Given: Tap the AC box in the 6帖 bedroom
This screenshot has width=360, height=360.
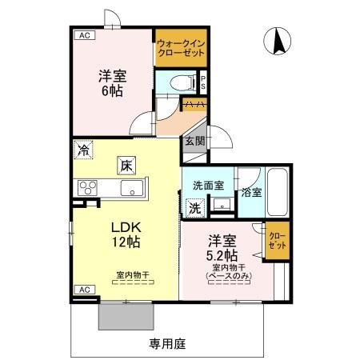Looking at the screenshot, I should pos(83,36).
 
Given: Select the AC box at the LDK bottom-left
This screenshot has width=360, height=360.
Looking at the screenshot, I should pos(83,289).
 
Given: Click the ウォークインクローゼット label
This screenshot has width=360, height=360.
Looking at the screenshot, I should pos(181,47).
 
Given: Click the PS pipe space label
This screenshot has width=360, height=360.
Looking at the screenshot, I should pos(204,82).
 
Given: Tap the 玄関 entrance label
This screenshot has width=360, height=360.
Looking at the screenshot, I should pos(194,141).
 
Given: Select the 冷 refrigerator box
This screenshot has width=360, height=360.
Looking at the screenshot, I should pos(84,149).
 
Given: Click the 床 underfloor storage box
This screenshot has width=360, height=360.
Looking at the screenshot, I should pos(126,166).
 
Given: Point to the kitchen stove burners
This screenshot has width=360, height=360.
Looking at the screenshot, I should pos(86,189).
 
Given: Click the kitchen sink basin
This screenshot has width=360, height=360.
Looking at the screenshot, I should pos(131,189).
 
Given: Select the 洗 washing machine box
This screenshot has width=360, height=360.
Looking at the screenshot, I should pos(194,206).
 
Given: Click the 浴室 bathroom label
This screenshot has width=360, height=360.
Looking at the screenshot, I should pos(250,192).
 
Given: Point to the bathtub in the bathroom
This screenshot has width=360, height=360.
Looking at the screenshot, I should pos(278,193).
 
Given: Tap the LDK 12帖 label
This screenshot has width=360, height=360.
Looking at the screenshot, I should pos(125,232).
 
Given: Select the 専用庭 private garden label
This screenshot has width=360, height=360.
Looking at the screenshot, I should pos(167,344).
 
